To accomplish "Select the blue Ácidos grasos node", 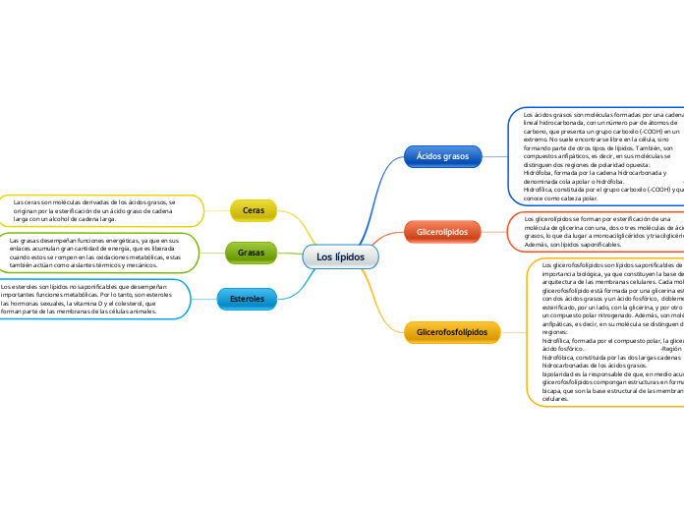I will [x=442, y=155].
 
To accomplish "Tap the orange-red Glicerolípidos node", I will [x=442, y=231].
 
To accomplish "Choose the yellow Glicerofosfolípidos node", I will [x=452, y=333].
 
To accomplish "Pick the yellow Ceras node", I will [x=253, y=210].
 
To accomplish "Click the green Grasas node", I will [x=251, y=253].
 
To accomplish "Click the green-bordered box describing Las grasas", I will [x=98, y=253].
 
